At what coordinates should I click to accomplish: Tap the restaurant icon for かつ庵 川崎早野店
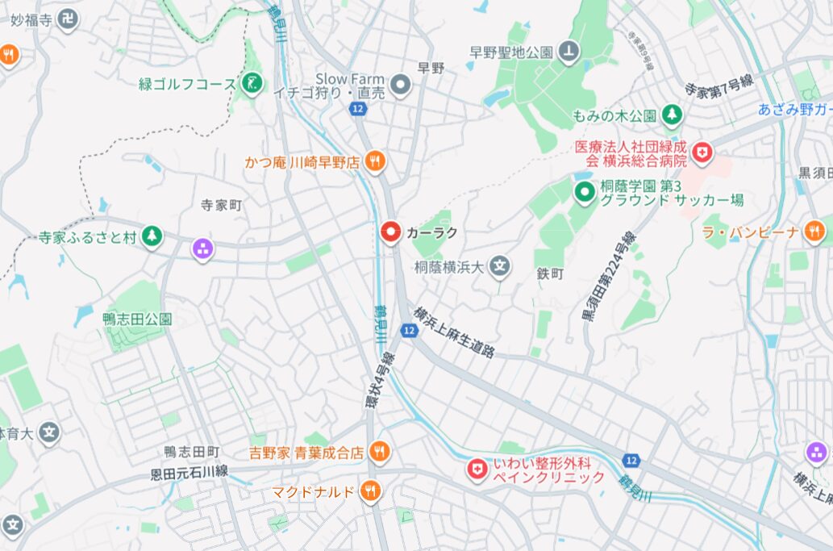click(x=375, y=161)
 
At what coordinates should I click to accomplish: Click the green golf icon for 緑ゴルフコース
click(x=252, y=83)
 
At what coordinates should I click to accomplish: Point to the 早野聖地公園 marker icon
click(x=570, y=52)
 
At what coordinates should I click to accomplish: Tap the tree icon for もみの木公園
click(x=671, y=115)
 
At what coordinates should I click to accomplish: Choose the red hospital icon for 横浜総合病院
click(x=703, y=151)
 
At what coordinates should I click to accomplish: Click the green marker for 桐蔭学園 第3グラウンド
click(x=584, y=192)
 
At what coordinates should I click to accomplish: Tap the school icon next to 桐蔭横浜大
click(x=501, y=266)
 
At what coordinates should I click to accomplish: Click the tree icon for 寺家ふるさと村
click(x=151, y=237)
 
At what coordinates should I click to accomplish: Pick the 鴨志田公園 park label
click(x=137, y=319)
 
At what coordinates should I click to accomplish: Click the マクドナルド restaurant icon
click(x=370, y=490)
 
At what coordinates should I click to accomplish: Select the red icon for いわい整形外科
click(x=478, y=469)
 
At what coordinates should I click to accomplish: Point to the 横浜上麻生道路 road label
click(x=454, y=332)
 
